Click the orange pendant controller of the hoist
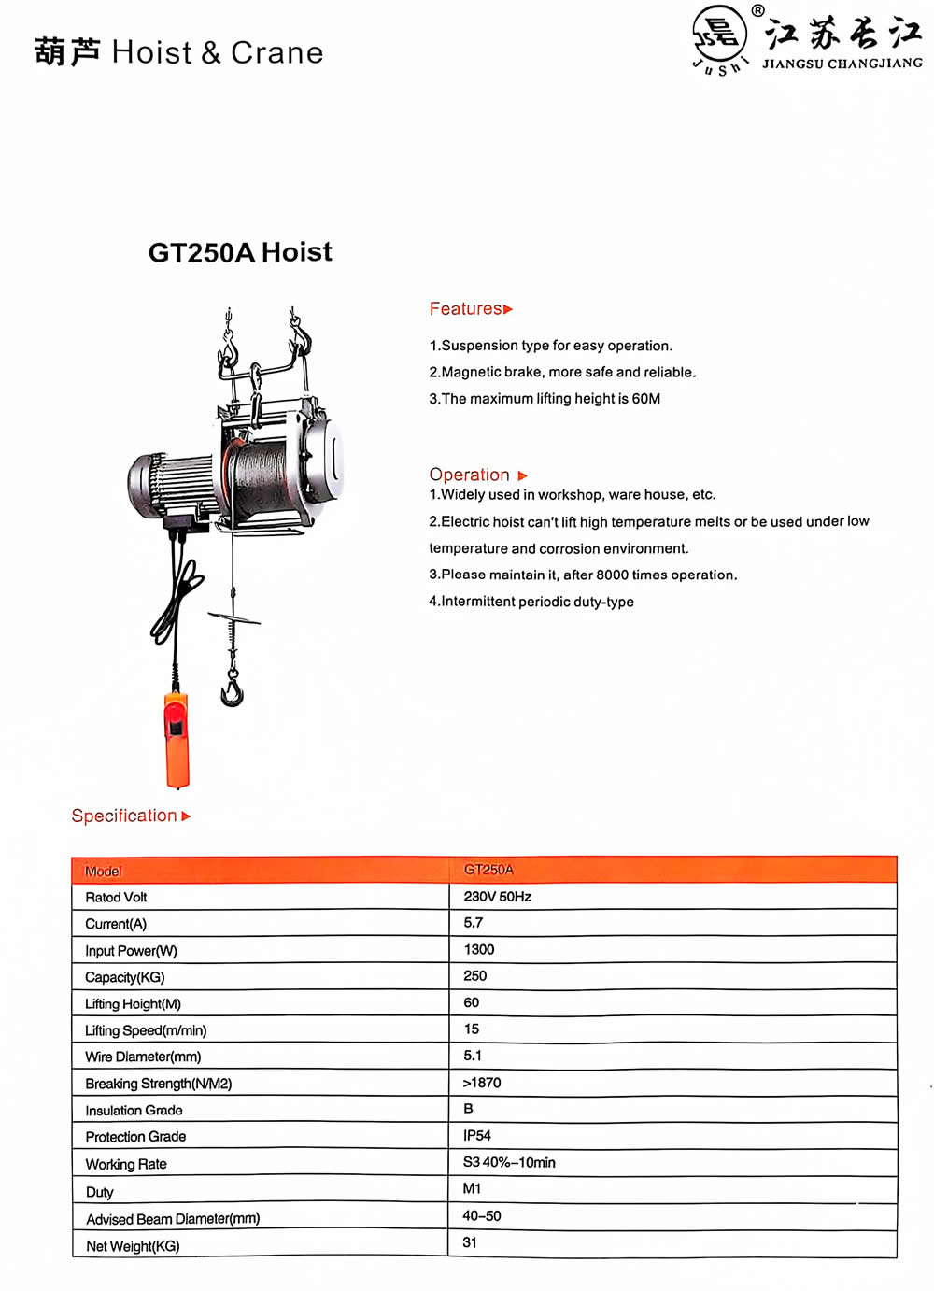[x=177, y=741]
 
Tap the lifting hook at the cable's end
[x=232, y=692]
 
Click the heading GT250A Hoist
[x=240, y=252]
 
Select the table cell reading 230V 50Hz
[x=497, y=897]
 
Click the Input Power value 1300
[x=479, y=949]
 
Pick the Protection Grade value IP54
[x=477, y=1135]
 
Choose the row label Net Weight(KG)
[x=133, y=1246]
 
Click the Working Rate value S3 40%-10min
[x=509, y=1162]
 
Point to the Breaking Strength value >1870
[x=482, y=1083]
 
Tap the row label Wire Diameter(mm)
[x=143, y=1057]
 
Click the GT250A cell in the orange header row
[x=488, y=870]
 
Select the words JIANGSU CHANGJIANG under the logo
[x=842, y=64]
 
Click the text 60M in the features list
[x=646, y=399]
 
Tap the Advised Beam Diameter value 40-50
[x=482, y=1215]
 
